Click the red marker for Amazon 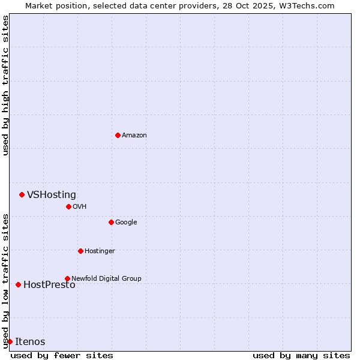[x=118, y=135]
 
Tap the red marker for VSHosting [x=22, y=194]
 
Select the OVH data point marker [x=68, y=206]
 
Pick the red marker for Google [x=111, y=222]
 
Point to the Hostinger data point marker [x=80, y=251]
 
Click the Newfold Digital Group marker [x=67, y=278]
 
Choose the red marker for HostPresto [x=18, y=284]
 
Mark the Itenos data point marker [x=10, y=341]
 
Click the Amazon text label [x=134, y=136]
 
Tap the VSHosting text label [x=52, y=194]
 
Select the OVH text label [x=80, y=207]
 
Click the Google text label [x=126, y=223]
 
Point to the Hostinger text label [x=100, y=251]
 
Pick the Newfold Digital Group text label [x=106, y=278]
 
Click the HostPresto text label [x=49, y=285]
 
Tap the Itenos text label [x=30, y=342]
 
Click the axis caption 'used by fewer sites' [x=62, y=355]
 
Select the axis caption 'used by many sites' [x=301, y=355]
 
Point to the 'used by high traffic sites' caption [x=5, y=85]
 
